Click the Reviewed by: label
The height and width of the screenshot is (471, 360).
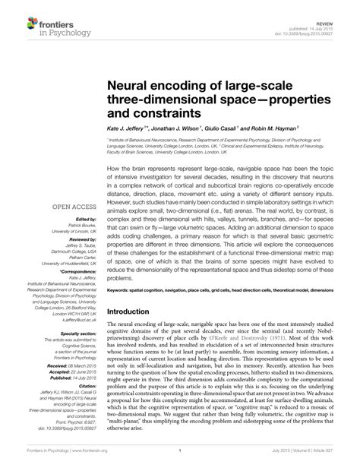coord(72,240)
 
